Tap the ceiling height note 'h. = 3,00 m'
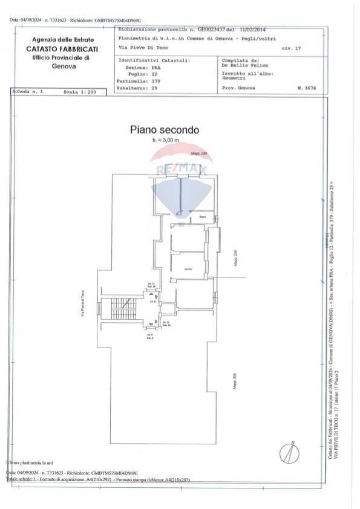166,140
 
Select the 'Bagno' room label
203,216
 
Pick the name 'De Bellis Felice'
244,65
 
